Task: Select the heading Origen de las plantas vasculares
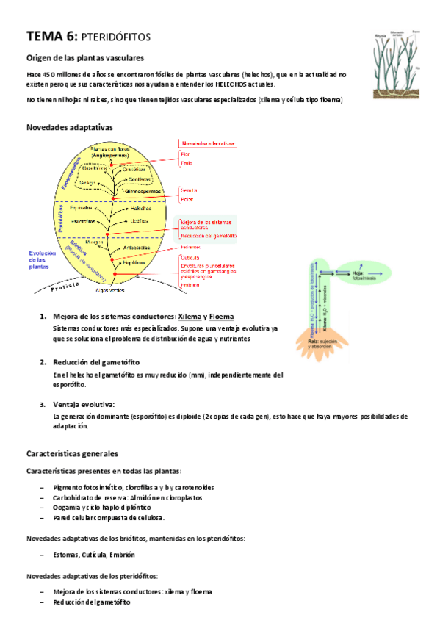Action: point(84,58)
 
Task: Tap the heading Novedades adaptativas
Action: point(69,127)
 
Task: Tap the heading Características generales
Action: point(72,454)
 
